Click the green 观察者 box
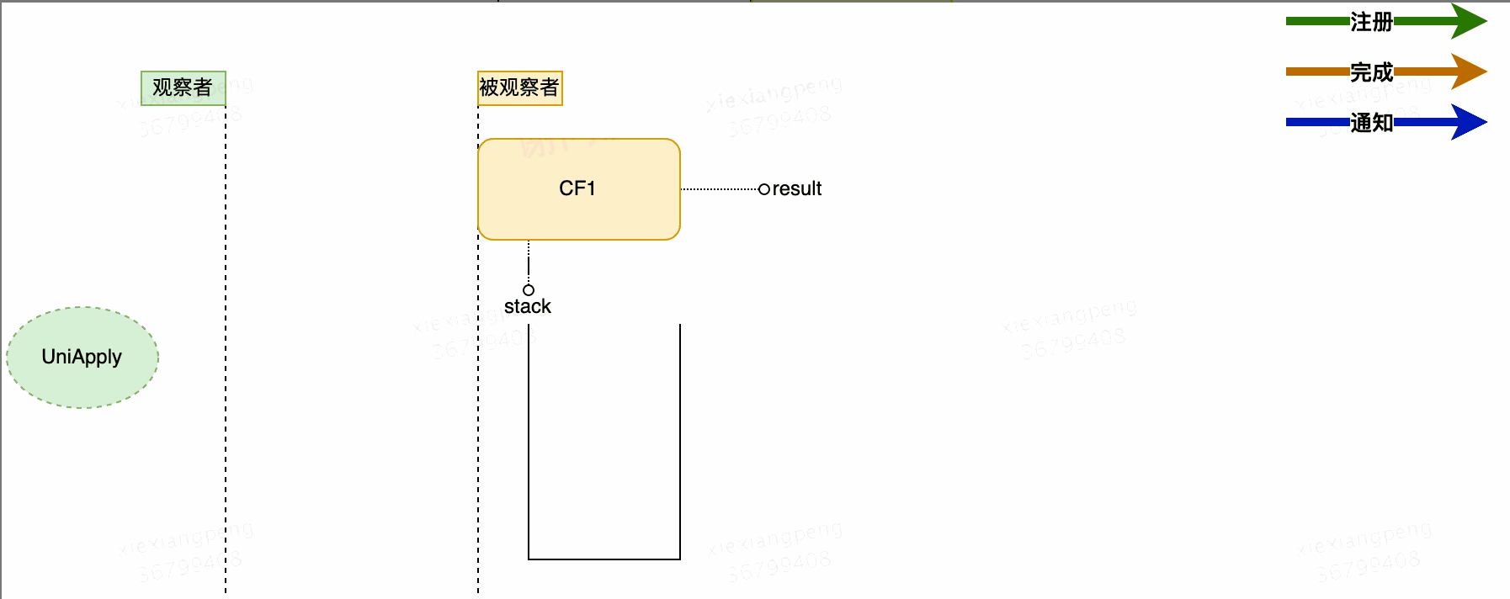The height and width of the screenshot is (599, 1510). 183,87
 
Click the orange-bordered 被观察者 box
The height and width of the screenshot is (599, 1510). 519,87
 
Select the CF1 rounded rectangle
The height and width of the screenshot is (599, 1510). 578,188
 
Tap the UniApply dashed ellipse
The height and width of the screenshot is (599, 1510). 82,357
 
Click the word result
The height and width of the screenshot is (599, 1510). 796,189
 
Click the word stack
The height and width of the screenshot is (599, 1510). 527,306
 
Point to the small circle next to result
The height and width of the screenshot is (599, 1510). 764,189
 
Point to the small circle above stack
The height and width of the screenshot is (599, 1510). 529,289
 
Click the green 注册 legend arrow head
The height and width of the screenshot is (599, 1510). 1468,21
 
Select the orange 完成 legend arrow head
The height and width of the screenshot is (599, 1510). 1468,72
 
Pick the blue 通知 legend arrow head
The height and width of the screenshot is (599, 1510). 1468,122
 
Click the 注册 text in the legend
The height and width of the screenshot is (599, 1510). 1371,22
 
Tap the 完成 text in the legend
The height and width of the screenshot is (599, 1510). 1371,72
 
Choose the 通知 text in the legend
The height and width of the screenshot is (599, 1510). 1371,123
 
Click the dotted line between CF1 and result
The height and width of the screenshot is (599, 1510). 719,189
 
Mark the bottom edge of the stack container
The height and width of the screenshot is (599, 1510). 604,559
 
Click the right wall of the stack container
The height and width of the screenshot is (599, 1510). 679,437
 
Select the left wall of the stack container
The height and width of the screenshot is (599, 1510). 529,437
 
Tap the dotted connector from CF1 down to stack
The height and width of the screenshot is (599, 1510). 529,261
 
